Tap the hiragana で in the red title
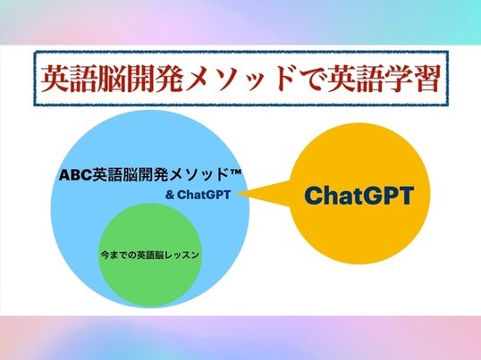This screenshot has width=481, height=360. pyautogui.click(x=308, y=79)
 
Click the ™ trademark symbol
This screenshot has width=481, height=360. pyautogui.click(x=235, y=172)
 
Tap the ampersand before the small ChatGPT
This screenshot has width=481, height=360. pyautogui.click(x=170, y=195)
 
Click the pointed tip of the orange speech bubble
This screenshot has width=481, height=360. pyautogui.click(x=238, y=193)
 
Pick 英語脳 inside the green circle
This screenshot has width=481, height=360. pyautogui.click(x=150, y=255)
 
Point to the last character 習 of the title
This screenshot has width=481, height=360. pyautogui.click(x=424, y=79)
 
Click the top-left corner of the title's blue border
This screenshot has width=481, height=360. pyautogui.click(x=35, y=52)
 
